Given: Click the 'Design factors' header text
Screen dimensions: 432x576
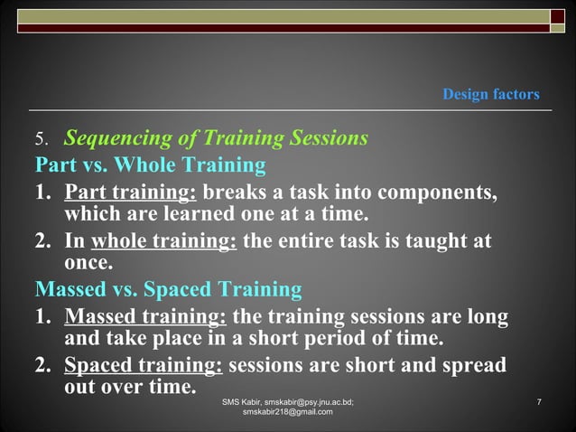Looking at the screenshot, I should (x=491, y=94).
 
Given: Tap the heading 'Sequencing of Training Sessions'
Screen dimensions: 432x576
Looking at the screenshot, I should (x=216, y=139).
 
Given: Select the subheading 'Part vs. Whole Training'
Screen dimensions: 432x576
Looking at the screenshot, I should (x=150, y=166).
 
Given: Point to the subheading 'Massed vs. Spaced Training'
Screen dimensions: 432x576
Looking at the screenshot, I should (x=168, y=290).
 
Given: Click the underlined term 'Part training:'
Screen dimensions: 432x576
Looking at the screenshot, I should (x=131, y=193).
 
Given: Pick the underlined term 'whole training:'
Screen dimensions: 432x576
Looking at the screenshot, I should (x=163, y=242).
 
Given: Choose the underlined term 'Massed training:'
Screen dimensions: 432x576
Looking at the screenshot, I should (x=146, y=318).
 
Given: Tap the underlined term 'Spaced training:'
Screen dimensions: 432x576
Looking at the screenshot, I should (x=145, y=367).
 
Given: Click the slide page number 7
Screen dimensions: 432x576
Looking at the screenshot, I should (x=538, y=400).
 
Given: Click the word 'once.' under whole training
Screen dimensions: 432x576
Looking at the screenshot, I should (x=88, y=264).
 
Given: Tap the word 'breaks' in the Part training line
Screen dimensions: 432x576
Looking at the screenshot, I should (x=235, y=193).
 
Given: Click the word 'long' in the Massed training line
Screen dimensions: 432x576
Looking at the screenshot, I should (x=488, y=318).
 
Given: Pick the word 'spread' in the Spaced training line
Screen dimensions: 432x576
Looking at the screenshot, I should (x=475, y=367).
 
